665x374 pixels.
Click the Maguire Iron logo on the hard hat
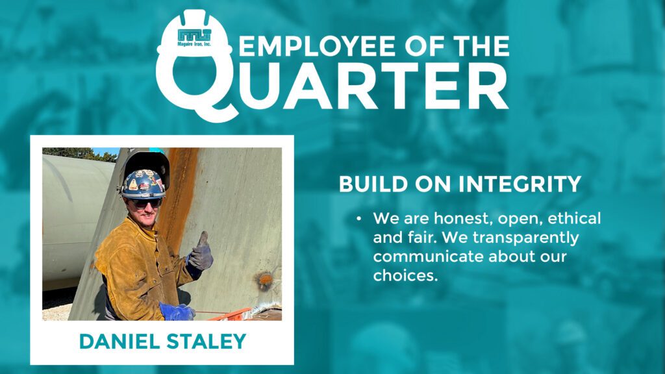pos(194,37)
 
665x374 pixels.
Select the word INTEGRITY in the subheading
pos(520,184)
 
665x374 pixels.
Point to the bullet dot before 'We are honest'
pos(358,219)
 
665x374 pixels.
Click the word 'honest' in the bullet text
pos(462,219)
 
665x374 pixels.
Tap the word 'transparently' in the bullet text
pos(525,238)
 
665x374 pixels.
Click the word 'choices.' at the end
pos(405,276)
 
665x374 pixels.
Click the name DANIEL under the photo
pos(119,342)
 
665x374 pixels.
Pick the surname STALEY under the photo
pos(207,342)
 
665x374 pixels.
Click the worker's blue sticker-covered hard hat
pos(143,184)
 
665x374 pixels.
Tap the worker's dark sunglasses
pos(145,203)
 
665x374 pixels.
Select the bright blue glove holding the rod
pos(177,312)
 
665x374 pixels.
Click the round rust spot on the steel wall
pos(265,279)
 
